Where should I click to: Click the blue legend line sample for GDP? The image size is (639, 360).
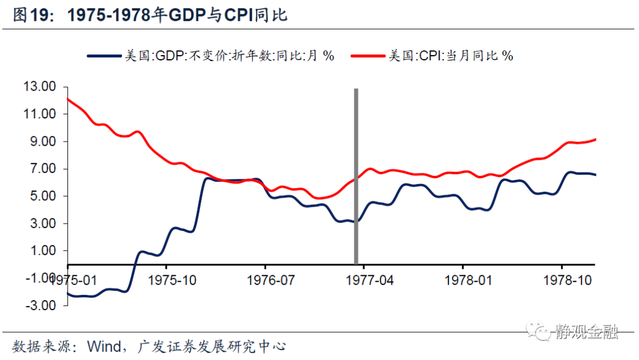(x=103, y=56)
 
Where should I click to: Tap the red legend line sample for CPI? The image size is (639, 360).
(x=367, y=56)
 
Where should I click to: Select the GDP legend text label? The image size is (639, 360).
(x=228, y=56)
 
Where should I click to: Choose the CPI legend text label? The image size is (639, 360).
(x=450, y=56)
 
